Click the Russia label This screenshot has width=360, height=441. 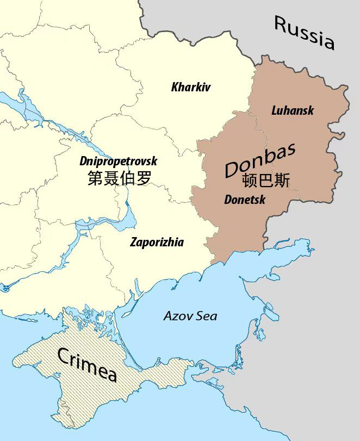304,32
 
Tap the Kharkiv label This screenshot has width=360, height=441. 190,87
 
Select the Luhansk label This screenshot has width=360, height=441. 293,110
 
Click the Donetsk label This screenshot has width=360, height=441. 245,200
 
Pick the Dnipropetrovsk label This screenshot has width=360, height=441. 118,161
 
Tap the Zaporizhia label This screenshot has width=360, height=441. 157,243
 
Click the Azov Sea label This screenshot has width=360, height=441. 190,316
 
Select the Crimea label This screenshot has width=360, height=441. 88,365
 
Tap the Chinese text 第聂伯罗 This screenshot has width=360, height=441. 119,178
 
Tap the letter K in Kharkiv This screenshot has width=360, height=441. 175,87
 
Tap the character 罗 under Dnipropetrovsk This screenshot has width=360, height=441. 143,178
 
